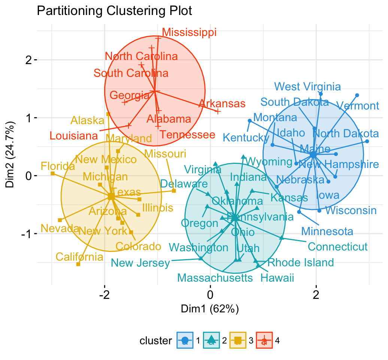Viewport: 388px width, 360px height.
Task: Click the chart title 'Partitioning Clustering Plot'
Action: [x=114, y=11]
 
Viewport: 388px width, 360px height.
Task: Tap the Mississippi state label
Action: [x=189, y=32]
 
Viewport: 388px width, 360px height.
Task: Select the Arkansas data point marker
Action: [x=218, y=111]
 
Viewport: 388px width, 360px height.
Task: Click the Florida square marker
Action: [x=53, y=173]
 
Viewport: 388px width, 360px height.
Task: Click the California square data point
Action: [x=78, y=264]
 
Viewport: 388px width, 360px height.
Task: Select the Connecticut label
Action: [x=337, y=247]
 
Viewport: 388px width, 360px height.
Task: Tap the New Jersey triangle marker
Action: [x=201, y=258]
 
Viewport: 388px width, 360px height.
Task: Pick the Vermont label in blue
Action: [x=358, y=106]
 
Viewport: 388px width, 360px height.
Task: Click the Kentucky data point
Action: [x=249, y=121]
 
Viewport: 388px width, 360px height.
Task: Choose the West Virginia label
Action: [x=307, y=87]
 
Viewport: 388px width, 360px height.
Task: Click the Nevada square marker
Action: [x=60, y=220]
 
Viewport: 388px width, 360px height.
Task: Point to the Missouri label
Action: [x=165, y=154]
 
